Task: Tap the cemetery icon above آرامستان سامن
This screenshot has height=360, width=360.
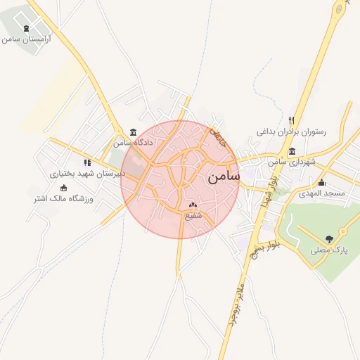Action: coord(27,28)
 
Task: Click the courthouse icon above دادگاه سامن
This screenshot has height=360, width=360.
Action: coord(134,132)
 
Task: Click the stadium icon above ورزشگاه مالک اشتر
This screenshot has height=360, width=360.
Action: coord(64,188)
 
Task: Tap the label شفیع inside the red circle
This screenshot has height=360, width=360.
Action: coord(193,216)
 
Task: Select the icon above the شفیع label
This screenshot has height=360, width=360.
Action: coord(193,206)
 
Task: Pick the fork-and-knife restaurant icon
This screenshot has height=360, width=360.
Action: coord(292,120)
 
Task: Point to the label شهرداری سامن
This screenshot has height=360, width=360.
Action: coord(292,162)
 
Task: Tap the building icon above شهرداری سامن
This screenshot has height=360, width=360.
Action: coord(292,152)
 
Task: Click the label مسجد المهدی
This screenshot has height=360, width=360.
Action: coord(321,193)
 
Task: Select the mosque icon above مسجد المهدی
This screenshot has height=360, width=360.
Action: coord(321,182)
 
